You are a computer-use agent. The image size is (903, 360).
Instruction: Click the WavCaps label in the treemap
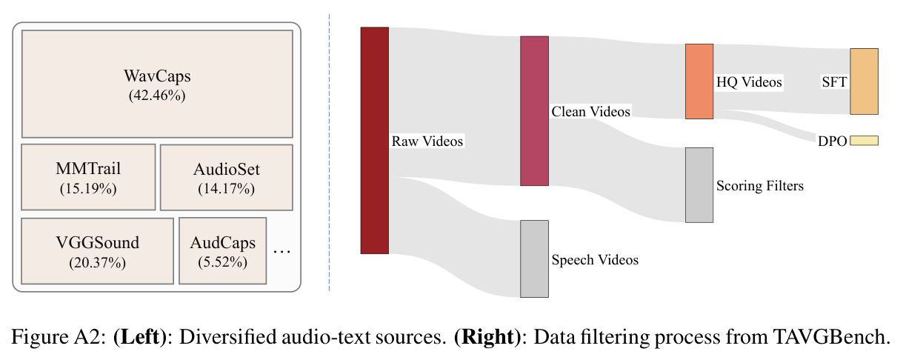pyautogui.click(x=157, y=76)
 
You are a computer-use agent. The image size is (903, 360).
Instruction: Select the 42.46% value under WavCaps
pyautogui.click(x=157, y=96)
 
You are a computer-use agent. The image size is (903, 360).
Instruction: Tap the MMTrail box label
pyautogui.click(x=88, y=168)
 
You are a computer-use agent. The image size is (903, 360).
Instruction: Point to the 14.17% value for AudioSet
pyautogui.click(x=226, y=189)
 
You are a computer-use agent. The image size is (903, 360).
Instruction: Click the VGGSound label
pyautogui.click(x=98, y=243)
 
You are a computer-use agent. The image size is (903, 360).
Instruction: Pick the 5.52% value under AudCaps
pyautogui.click(x=222, y=262)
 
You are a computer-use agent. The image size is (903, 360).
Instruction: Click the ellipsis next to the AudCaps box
pyautogui.click(x=281, y=252)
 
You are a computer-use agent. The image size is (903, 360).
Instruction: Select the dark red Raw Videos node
pyautogui.click(x=375, y=141)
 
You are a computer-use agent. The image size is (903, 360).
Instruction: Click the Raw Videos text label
pyautogui.click(x=427, y=141)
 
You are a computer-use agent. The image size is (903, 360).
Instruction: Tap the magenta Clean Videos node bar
pyautogui.click(x=534, y=111)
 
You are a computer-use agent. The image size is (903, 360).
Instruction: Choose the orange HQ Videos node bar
pyautogui.click(x=699, y=81)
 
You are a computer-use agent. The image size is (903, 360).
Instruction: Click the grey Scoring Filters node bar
pyautogui.click(x=699, y=185)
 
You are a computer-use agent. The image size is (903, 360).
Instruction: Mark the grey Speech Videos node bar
pyautogui.click(x=534, y=259)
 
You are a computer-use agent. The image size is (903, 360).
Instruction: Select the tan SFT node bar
pyautogui.click(x=864, y=81)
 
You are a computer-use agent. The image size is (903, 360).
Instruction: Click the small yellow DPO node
pyautogui.click(x=864, y=140)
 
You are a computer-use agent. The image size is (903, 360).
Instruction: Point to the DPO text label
pyautogui.click(x=832, y=141)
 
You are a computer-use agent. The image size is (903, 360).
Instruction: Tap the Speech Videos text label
pyautogui.click(x=595, y=259)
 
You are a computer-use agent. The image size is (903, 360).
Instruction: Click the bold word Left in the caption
pyautogui.click(x=140, y=336)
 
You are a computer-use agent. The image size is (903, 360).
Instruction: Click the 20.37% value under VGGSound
pyautogui.click(x=98, y=263)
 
